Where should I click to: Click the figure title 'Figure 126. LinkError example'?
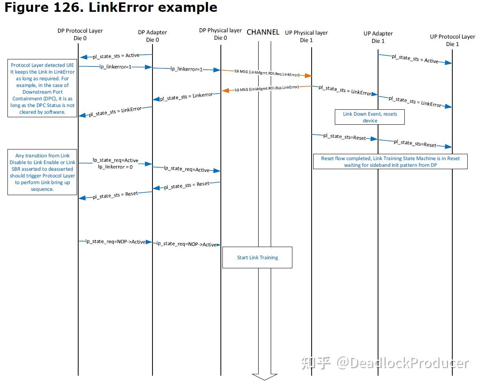click(110, 7)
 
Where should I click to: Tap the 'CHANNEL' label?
click(263, 32)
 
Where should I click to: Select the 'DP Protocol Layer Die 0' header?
click(80, 34)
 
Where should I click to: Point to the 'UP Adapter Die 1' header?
click(378, 37)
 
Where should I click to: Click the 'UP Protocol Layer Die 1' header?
click(452, 40)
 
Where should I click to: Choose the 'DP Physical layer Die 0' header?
click(220, 34)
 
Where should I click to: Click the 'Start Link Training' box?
click(257, 258)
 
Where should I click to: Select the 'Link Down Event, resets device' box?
click(370, 117)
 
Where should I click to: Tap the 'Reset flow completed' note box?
click(390, 162)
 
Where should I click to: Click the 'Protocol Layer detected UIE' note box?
click(43, 89)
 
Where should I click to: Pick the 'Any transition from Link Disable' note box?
click(42, 172)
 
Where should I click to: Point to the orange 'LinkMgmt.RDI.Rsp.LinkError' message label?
click(267, 89)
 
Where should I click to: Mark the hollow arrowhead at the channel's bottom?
click(264, 376)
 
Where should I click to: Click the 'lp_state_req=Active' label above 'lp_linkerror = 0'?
click(116, 160)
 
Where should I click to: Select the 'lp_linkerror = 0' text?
click(116, 167)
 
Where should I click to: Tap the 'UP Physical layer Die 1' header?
click(306, 36)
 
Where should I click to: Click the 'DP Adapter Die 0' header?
click(152, 36)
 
